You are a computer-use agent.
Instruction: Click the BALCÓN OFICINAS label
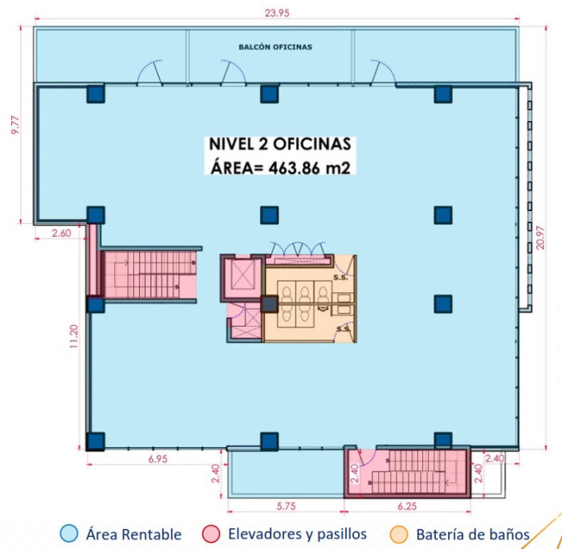point(275,47)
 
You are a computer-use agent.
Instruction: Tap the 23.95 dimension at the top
point(277,14)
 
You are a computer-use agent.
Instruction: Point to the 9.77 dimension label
point(16,125)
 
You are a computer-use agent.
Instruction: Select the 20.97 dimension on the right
point(541,238)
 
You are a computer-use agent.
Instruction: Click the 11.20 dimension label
point(74,336)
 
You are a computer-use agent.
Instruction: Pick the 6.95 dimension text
point(157,459)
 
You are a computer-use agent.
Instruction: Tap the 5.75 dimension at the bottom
point(286,506)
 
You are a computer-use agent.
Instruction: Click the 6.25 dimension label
point(407,506)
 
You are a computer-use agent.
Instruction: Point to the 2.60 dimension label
point(61,234)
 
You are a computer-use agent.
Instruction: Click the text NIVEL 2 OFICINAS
point(280,144)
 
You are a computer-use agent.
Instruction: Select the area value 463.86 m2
point(309,168)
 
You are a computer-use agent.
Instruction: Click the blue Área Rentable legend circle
point(69,534)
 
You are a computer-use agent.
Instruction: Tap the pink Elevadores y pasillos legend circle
point(210,534)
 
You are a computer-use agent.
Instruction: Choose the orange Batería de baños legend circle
point(398,534)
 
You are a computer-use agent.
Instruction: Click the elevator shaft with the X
point(242,274)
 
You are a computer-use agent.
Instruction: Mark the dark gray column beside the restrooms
point(270,304)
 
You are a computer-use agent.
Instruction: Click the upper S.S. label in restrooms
point(340,278)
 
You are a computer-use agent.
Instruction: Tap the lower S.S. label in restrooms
point(344,329)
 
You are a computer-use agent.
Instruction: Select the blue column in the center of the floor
point(270,215)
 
